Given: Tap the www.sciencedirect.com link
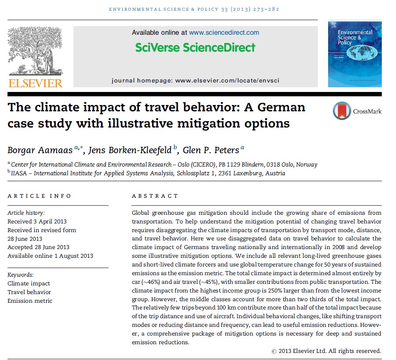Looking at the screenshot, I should coord(224,32).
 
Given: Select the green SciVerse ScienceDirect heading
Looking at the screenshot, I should coord(195,48).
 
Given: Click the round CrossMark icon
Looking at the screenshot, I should coord(342,111).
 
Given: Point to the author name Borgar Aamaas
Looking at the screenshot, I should coord(40,150).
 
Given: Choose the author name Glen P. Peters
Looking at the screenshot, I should coord(211,150).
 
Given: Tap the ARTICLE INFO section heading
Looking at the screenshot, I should coord(39,196).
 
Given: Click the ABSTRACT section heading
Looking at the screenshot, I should coord(155,196).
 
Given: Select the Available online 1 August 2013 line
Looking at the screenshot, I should coord(50,256).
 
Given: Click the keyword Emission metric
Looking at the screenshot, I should coord(30,301).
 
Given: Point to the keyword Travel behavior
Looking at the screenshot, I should coord(29,292).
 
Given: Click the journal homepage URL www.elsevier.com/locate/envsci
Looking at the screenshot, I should coord(227,81).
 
